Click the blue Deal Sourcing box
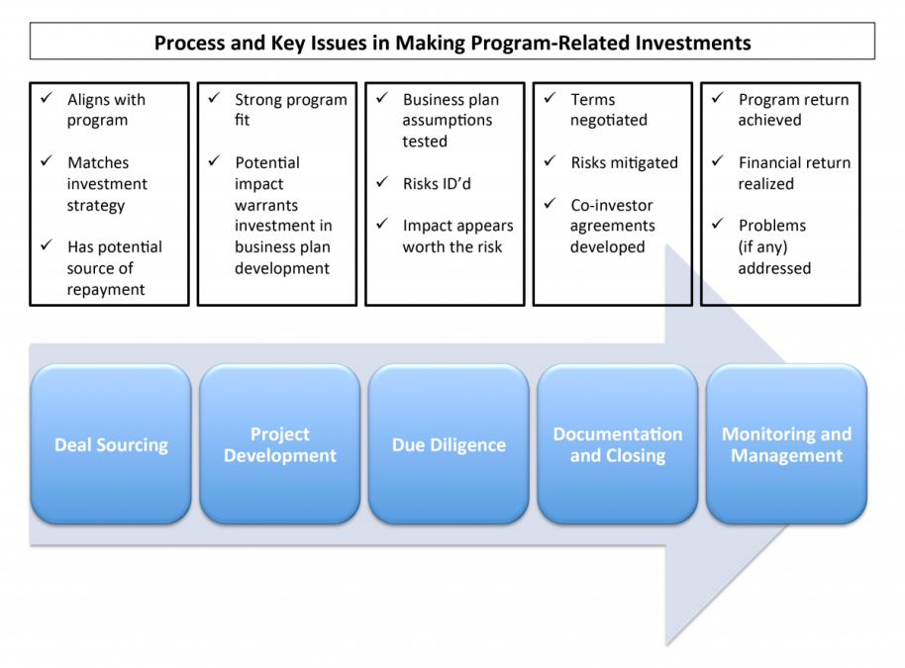point(111,444)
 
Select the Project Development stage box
point(279,444)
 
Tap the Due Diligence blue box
point(449,444)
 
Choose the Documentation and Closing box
point(617,444)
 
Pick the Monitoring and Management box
point(786,444)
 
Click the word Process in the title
point(189,43)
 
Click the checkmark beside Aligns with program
point(46,98)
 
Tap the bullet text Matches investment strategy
point(107,184)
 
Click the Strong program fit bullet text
point(290,110)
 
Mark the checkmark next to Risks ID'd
point(381,183)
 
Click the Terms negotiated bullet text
point(608,110)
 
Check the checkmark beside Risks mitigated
point(550,161)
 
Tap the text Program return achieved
point(792,110)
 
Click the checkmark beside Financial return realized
point(717,161)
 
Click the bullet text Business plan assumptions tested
point(451,120)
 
